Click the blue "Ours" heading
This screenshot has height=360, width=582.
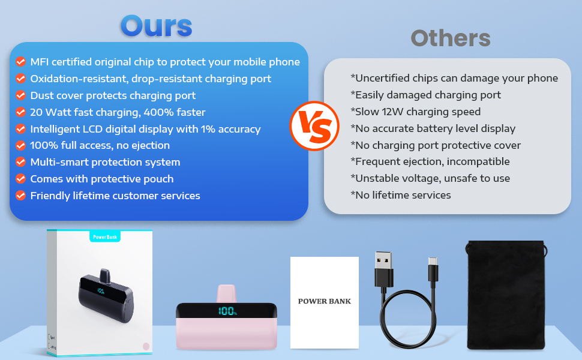coord(156,26)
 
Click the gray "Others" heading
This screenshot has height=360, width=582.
coord(451,38)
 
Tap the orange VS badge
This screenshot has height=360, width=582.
coord(314,126)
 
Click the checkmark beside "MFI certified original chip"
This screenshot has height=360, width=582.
coord(20,62)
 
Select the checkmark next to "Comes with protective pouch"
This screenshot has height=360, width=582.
coord(20,179)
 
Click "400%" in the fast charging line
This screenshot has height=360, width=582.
coord(156,112)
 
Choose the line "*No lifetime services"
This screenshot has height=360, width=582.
coord(401,195)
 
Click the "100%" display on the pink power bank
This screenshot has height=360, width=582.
coord(227,311)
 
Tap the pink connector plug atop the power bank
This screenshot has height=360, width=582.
coord(226,293)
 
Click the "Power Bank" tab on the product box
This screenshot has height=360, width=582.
coord(105,237)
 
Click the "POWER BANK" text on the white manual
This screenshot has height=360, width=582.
coord(325,301)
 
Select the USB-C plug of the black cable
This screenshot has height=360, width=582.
coord(433,269)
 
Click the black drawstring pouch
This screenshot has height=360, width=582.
coord(506,295)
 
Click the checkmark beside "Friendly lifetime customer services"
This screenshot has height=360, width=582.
coord(20,196)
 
